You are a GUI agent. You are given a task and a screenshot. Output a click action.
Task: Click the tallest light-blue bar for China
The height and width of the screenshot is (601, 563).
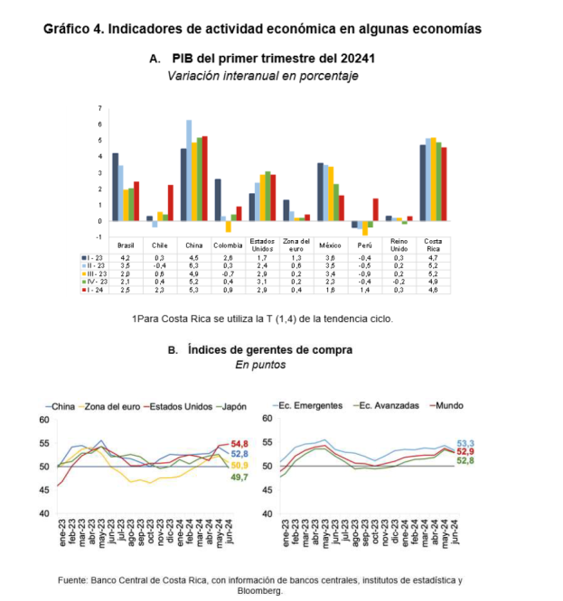(189, 171)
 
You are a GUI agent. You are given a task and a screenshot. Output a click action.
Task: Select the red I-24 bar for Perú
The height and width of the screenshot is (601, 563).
(375, 209)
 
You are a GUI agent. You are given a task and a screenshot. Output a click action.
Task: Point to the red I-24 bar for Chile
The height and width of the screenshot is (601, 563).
(170, 203)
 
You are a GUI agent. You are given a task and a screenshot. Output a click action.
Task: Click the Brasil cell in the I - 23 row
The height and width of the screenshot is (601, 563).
(126, 258)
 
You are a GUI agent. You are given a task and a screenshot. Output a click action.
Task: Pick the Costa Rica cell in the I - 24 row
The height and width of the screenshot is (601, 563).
(433, 290)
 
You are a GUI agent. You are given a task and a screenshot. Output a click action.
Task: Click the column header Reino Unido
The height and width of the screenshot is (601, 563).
(398, 244)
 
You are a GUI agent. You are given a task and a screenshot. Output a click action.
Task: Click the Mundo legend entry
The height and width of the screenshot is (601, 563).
(448, 406)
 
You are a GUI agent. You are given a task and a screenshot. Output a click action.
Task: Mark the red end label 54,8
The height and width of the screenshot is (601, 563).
(239, 443)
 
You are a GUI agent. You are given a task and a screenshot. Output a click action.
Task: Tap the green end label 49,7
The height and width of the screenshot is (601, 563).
(239, 476)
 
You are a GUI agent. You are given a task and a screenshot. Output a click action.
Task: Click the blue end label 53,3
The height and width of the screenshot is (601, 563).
(466, 443)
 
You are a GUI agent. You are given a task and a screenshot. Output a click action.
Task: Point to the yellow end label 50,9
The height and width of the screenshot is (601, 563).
(239, 465)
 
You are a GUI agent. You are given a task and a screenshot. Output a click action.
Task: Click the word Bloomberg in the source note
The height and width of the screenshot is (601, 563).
(260, 591)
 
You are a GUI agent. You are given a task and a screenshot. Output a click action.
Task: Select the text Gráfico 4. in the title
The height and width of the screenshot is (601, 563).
(73, 28)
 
